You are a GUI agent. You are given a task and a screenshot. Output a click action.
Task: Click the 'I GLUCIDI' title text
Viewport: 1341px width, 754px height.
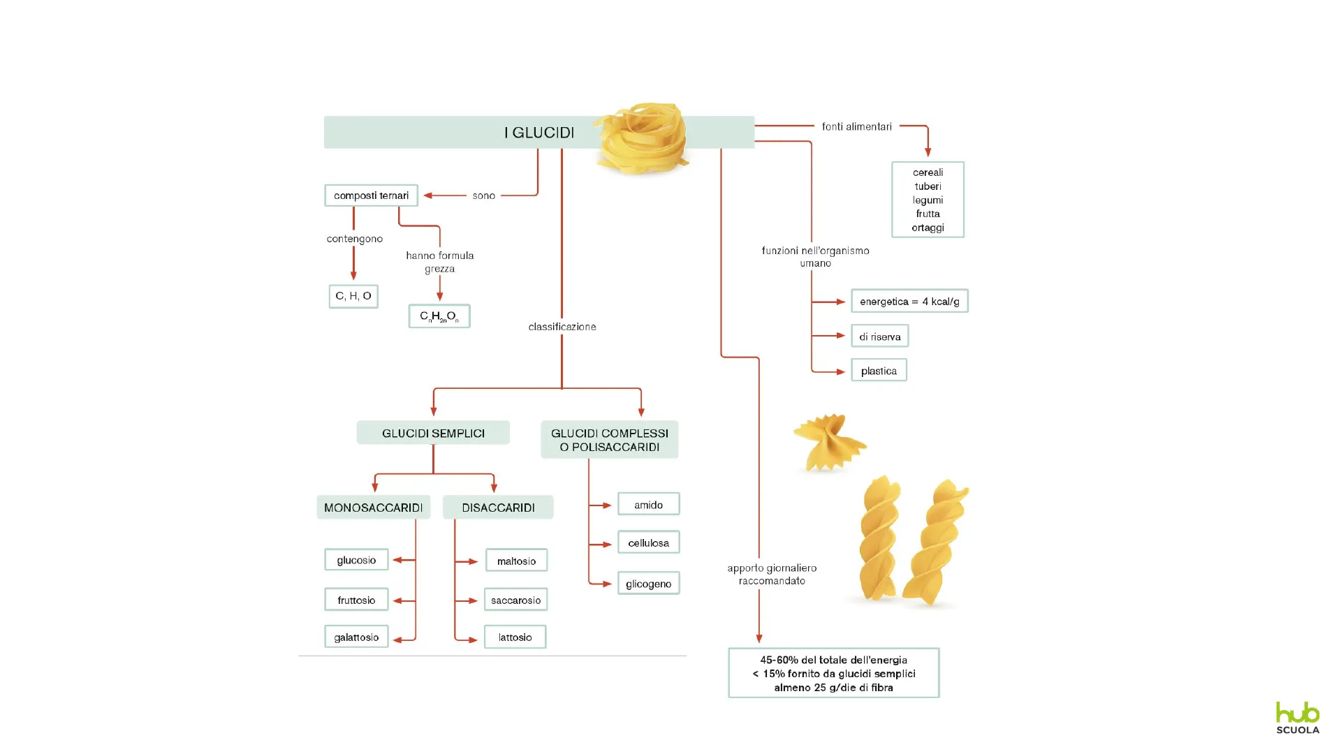539,133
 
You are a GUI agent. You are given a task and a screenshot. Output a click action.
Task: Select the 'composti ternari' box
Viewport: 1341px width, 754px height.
371,195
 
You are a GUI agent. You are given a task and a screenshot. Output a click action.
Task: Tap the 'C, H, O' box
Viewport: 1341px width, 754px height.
353,296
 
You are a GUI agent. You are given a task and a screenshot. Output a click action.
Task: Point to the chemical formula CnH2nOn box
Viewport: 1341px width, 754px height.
439,316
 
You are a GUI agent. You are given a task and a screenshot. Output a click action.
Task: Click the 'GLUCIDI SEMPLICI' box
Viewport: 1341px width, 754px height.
433,433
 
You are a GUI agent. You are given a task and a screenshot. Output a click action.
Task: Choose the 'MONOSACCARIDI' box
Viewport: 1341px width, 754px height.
373,508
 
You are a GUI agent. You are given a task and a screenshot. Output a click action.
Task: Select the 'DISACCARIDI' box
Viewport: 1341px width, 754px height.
498,508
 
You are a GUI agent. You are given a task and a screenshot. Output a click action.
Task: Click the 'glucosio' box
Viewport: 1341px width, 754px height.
356,560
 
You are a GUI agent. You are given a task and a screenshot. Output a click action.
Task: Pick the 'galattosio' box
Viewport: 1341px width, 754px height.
356,637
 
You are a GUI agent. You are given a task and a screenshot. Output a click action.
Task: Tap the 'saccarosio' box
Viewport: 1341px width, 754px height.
515,600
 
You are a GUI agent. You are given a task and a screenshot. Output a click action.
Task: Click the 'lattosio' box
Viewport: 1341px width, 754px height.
515,637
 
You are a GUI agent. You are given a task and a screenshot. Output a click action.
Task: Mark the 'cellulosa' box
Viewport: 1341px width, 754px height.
648,542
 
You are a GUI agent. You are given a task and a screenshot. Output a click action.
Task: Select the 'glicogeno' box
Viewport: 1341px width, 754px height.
648,584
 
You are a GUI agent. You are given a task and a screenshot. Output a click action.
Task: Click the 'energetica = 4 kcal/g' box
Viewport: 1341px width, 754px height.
909,302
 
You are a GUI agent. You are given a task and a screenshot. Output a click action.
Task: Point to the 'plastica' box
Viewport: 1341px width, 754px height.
879,371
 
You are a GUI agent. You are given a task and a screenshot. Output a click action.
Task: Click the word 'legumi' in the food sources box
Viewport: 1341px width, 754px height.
928,200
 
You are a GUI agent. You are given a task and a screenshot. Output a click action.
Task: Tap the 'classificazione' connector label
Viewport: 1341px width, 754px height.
562,327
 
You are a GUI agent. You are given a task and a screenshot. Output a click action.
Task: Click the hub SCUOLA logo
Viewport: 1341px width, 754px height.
1298,718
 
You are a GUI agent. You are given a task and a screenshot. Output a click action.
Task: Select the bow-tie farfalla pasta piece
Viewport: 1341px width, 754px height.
828,442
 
